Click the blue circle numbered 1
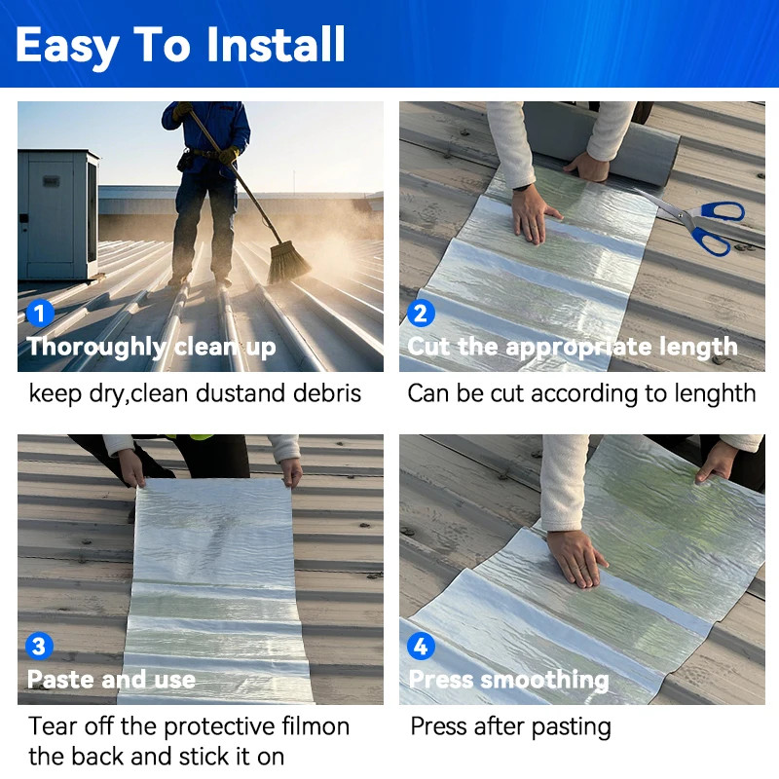(39, 314)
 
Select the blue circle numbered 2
(421, 314)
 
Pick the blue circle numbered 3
(39, 646)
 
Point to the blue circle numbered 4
(421, 646)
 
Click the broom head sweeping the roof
(289, 263)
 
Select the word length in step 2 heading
(695, 347)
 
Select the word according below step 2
(584, 393)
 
